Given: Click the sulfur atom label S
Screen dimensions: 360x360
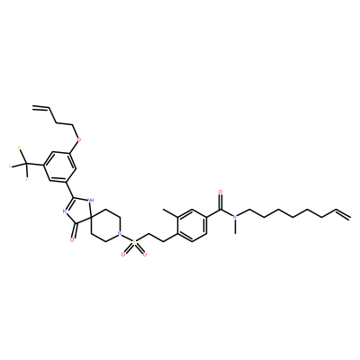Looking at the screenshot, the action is coord(134,241).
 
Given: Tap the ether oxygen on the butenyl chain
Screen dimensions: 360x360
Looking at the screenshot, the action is coord(79,139).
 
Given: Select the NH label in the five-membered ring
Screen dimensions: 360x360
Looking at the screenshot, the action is coord(90,199).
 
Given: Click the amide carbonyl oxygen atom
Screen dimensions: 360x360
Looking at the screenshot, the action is coord(221,192).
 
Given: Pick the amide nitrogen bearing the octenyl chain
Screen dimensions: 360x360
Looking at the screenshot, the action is coord(235,216).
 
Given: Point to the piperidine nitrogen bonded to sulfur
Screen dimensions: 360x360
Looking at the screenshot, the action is coord(120,233).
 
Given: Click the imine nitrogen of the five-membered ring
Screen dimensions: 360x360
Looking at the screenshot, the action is coord(65,211).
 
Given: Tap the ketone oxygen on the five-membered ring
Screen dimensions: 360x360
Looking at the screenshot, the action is coord(72,240).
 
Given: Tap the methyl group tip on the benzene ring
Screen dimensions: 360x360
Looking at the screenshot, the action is coord(164,209).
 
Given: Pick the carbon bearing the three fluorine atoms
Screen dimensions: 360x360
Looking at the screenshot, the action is coord(27,164).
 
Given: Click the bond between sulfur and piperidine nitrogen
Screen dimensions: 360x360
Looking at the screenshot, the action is coord(127,237).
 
